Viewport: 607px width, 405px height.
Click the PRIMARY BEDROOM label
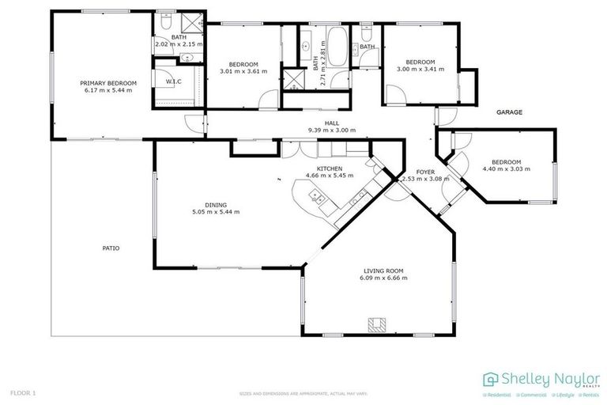pyautogui.click(x=107, y=83)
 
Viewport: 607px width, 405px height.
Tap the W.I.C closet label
pyautogui.click(x=174, y=82)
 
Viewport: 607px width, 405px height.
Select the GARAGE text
pyautogui.click(x=509, y=112)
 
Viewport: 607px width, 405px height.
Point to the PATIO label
pyautogui.click(x=111, y=248)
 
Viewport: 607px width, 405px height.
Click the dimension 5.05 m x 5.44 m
pyautogui.click(x=216, y=212)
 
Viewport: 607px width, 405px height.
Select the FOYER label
pyautogui.click(x=425, y=172)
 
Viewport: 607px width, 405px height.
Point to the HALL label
pyautogui.click(x=331, y=123)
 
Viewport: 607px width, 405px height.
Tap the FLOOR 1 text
pyautogui.click(x=23, y=392)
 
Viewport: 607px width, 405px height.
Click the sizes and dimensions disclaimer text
pyautogui.click(x=303, y=393)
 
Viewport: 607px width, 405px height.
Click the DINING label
pyautogui.click(x=216, y=204)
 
